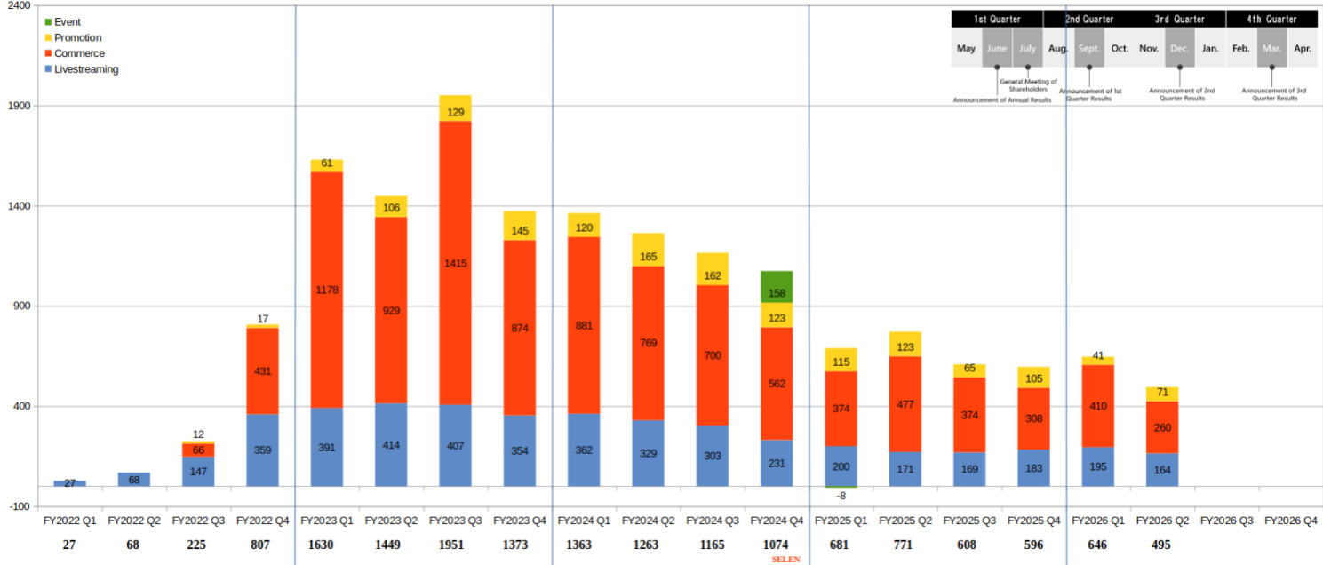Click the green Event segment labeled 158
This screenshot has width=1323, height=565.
coord(777,287)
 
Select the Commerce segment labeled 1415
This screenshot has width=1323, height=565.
coord(455,263)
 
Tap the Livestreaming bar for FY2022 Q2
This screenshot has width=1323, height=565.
coord(134,480)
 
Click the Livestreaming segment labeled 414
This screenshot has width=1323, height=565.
coord(391,445)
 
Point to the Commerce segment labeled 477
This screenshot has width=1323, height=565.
coord(905,404)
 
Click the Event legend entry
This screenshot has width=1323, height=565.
coord(68,21)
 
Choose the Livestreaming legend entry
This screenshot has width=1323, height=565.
coord(85,69)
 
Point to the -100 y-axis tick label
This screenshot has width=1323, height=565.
coord(19,506)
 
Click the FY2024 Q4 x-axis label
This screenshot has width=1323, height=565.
coord(777,521)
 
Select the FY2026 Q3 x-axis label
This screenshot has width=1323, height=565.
coord(1226,521)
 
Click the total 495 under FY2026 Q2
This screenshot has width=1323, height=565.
coord(1161,545)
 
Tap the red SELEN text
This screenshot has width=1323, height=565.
coord(785,560)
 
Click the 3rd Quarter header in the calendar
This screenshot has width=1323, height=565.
coord(1179,19)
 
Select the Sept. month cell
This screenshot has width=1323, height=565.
coord(1089,48)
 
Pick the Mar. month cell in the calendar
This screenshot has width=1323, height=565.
coord(1271,48)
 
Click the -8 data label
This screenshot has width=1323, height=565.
coord(841,496)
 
